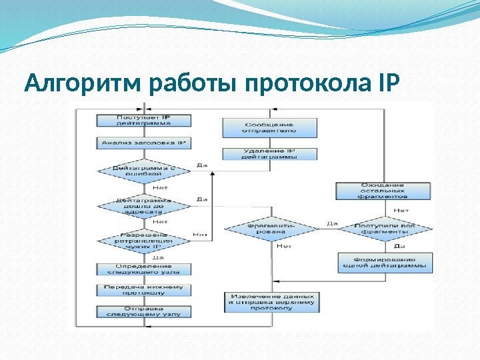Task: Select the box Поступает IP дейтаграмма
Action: (144, 120)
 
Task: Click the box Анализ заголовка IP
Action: (144, 143)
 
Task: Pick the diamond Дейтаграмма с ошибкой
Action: (144, 171)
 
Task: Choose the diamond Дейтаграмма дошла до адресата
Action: (144, 203)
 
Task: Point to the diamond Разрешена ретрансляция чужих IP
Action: (144, 239)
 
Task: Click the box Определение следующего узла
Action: (144, 269)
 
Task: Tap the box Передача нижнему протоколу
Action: (144, 289)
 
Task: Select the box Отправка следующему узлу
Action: (144, 311)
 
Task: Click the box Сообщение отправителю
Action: (269, 127)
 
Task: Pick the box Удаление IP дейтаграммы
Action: (269, 153)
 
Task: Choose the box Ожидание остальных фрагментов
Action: (381, 191)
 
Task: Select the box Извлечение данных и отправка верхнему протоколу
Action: (273, 302)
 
